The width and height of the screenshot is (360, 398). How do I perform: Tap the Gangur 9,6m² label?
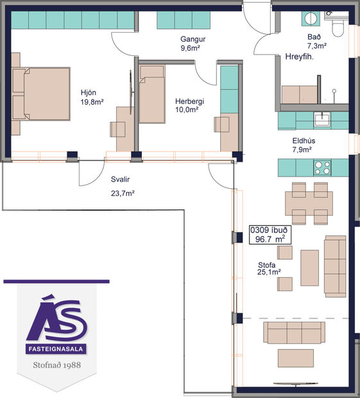(x=191, y=43)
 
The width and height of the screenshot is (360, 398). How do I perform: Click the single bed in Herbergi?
(x=153, y=99)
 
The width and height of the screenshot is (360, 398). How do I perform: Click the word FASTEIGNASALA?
(x=56, y=350)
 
